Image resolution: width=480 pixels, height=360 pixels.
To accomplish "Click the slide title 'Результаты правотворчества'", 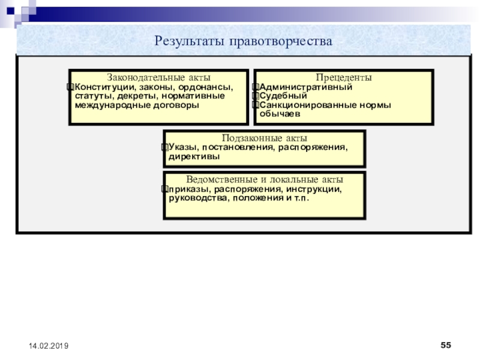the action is (243, 41).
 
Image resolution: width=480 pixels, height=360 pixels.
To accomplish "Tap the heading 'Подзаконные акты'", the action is (264, 138).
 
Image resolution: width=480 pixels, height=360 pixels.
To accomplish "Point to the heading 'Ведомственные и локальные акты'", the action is (264, 180).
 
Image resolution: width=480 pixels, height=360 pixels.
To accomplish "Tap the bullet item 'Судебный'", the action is (283, 96).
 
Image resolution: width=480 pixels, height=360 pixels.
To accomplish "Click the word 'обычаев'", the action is (280, 113).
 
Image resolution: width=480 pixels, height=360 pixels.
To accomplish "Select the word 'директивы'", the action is (193, 157).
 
